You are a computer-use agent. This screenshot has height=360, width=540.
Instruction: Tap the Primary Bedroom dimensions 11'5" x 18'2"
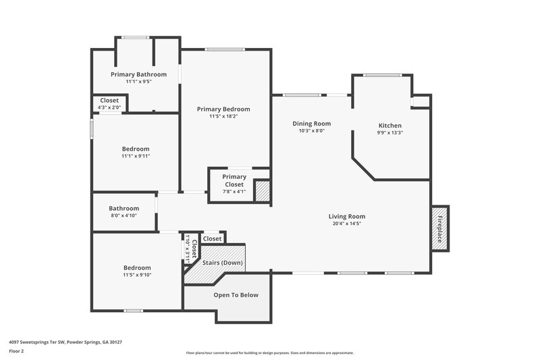point(223,116)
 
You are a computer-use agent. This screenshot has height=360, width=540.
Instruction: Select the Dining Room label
point(311,124)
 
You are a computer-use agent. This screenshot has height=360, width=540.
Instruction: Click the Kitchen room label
point(389,126)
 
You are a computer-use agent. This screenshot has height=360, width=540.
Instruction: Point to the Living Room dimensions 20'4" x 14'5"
point(348,224)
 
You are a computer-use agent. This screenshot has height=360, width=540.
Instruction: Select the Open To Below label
point(236,295)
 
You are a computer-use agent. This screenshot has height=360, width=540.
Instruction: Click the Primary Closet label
point(234,180)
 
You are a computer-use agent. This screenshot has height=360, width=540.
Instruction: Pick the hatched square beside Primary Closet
point(262,192)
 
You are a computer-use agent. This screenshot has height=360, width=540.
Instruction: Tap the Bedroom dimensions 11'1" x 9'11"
point(136,156)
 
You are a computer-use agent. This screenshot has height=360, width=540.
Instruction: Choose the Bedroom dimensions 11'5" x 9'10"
point(136,275)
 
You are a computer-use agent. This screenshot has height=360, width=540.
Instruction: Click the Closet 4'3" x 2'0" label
point(109,103)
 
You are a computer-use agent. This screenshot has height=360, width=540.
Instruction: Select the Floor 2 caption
point(18,351)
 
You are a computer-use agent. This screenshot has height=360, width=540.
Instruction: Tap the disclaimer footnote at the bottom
point(269,353)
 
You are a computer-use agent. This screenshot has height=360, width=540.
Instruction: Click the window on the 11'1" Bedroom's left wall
point(92,129)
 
